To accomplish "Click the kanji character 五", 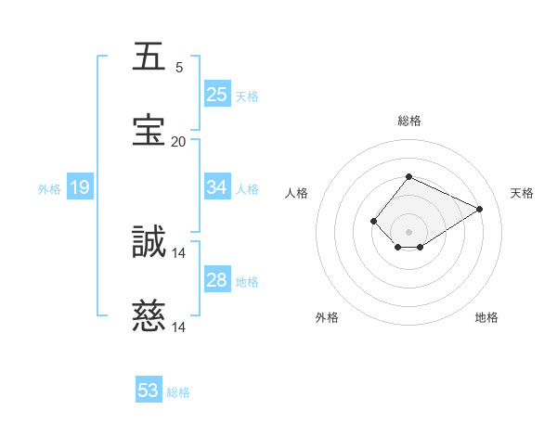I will click(149, 58).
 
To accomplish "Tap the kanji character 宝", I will click(149, 131).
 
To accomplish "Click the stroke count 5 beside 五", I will click(179, 68).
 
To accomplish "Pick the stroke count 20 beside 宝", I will click(178, 142).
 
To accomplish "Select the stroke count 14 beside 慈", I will click(179, 327).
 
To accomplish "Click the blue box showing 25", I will click(217, 95).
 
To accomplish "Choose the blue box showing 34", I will click(217, 187).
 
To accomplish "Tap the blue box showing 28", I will click(217, 280).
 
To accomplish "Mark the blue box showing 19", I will click(80, 187).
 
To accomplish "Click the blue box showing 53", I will click(149, 391).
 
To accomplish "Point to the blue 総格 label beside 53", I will click(178, 392).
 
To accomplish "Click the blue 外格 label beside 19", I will click(49, 189).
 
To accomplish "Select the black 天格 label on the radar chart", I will click(522, 193).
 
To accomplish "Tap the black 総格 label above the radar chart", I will click(408, 121).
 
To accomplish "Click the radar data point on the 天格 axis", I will click(480, 209).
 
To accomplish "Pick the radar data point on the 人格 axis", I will click(373, 221).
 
